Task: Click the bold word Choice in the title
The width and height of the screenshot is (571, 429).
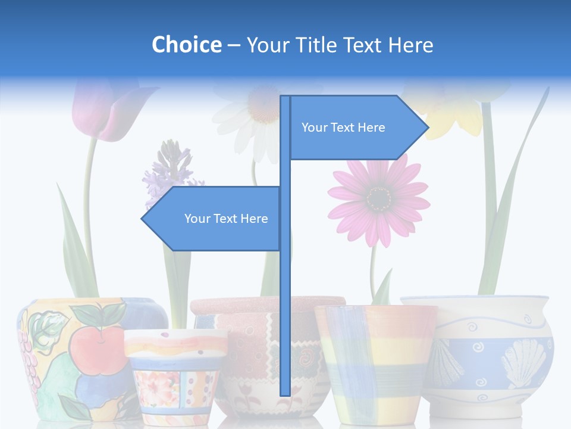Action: pos(186,45)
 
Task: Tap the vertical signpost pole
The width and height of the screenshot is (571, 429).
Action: pos(285,298)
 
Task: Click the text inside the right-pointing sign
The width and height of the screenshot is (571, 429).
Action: pos(343,128)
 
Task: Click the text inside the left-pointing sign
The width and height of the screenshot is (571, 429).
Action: pos(226,219)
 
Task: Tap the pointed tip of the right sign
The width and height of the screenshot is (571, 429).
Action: pos(427,127)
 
